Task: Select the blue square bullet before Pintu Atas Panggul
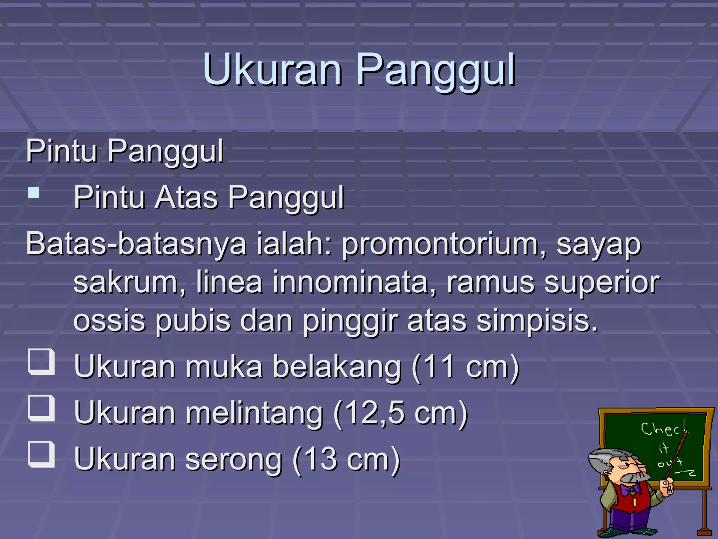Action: [x=34, y=193]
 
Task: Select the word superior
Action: [x=602, y=283]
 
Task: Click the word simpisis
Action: [x=537, y=321]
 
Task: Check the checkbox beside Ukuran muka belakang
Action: [x=41, y=362]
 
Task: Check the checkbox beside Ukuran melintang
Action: [x=41, y=408]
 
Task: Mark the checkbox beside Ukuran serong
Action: [x=41, y=454]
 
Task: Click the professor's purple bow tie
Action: [x=630, y=489]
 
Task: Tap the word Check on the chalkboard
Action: [x=664, y=429]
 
